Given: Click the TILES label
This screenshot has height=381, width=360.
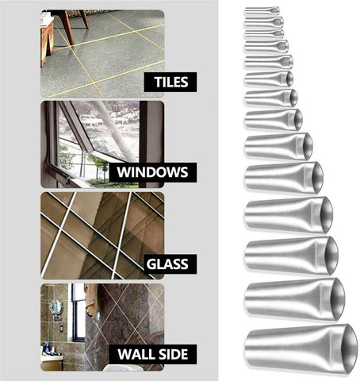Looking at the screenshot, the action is (x=171, y=82).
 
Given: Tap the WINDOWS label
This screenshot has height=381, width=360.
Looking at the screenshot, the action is (x=152, y=172).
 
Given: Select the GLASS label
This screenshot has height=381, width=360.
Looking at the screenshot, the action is (x=167, y=264).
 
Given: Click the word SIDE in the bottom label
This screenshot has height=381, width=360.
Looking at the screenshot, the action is (x=173, y=354).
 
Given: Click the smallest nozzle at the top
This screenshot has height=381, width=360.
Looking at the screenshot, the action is (x=262, y=11).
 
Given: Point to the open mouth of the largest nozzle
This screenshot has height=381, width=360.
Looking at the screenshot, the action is (x=349, y=349).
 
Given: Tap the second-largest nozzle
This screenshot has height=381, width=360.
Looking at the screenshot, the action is (x=295, y=298).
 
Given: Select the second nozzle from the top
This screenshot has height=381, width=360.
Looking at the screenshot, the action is (x=264, y=22).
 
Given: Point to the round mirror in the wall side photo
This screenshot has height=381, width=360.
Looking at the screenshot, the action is (x=56, y=307).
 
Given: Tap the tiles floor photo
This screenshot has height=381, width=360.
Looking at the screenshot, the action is (x=102, y=53).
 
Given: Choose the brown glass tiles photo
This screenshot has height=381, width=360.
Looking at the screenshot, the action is (x=102, y=236).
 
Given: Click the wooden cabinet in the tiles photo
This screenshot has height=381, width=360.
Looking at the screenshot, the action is (x=47, y=42).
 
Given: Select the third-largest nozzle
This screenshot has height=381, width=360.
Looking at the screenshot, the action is (x=292, y=256).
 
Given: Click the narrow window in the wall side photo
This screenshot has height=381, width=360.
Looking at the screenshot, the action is (x=79, y=312).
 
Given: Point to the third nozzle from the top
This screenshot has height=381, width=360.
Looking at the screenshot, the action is (x=264, y=33).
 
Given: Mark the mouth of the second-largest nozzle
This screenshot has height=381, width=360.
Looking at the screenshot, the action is (x=338, y=299).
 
